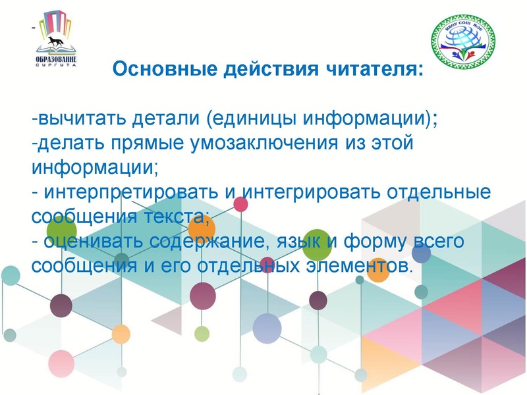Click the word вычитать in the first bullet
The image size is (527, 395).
pos(78,120)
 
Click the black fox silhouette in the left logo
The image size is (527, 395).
pos(56,45)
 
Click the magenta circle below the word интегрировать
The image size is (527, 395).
pos(241,204)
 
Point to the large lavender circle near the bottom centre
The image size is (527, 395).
pos(267,327)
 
